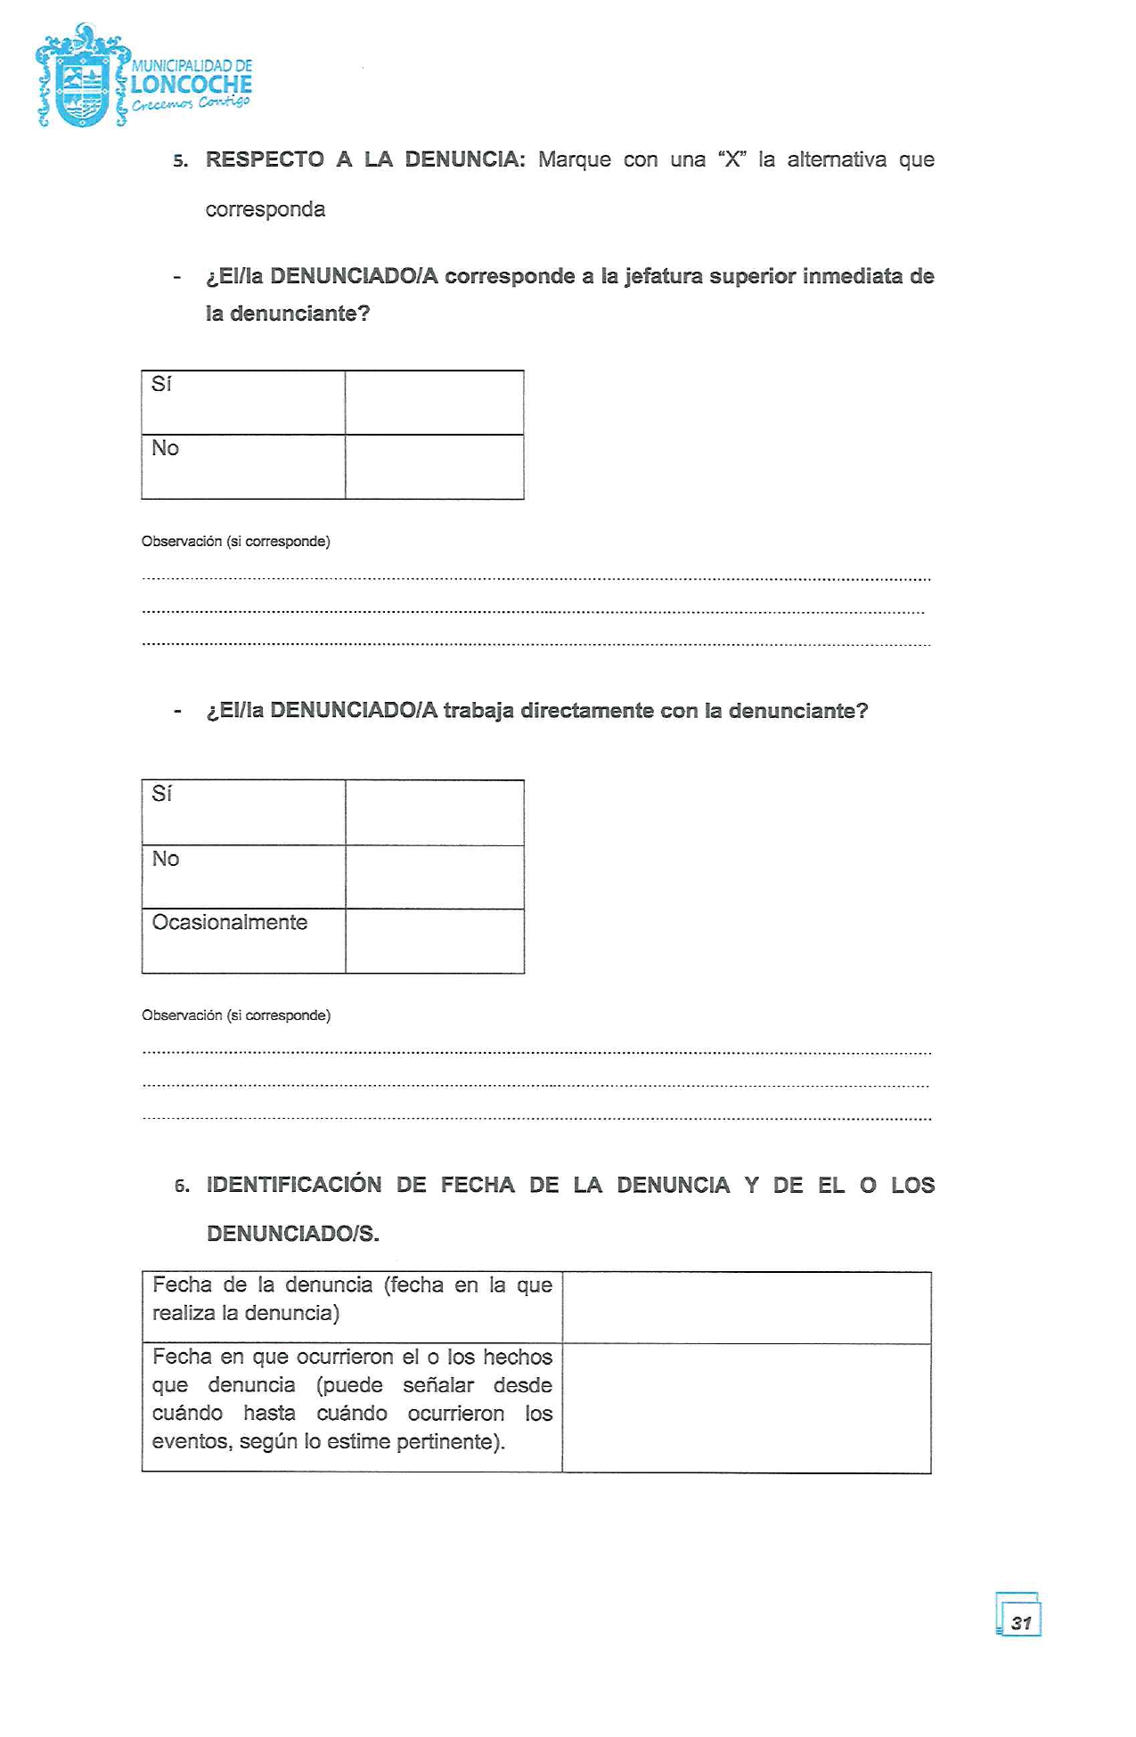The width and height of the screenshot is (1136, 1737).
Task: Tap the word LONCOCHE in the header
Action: [192, 85]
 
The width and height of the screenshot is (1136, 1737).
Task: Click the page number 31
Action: [1021, 1622]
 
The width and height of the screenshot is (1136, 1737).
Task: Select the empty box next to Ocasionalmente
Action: [435, 941]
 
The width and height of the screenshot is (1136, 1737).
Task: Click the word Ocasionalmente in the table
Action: [230, 923]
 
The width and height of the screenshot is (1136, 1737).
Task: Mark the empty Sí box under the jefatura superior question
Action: [435, 403]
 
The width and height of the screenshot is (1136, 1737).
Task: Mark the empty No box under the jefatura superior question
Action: [435, 467]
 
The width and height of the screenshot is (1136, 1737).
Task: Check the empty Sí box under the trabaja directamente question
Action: [435, 812]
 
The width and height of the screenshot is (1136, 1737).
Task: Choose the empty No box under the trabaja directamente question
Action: [435, 877]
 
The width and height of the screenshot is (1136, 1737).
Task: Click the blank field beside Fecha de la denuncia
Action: [747, 1308]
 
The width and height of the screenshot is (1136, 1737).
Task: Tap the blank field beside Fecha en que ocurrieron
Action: [747, 1407]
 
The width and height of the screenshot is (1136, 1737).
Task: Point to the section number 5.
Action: [181, 161]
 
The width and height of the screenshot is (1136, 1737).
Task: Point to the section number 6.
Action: [182, 1187]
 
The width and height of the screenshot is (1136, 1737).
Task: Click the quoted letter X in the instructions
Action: [732, 160]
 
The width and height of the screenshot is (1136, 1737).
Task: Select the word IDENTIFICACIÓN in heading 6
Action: [294, 1185]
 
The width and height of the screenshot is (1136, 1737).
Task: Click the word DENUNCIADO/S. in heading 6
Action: [293, 1234]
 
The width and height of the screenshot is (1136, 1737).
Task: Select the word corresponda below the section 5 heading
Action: [266, 210]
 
